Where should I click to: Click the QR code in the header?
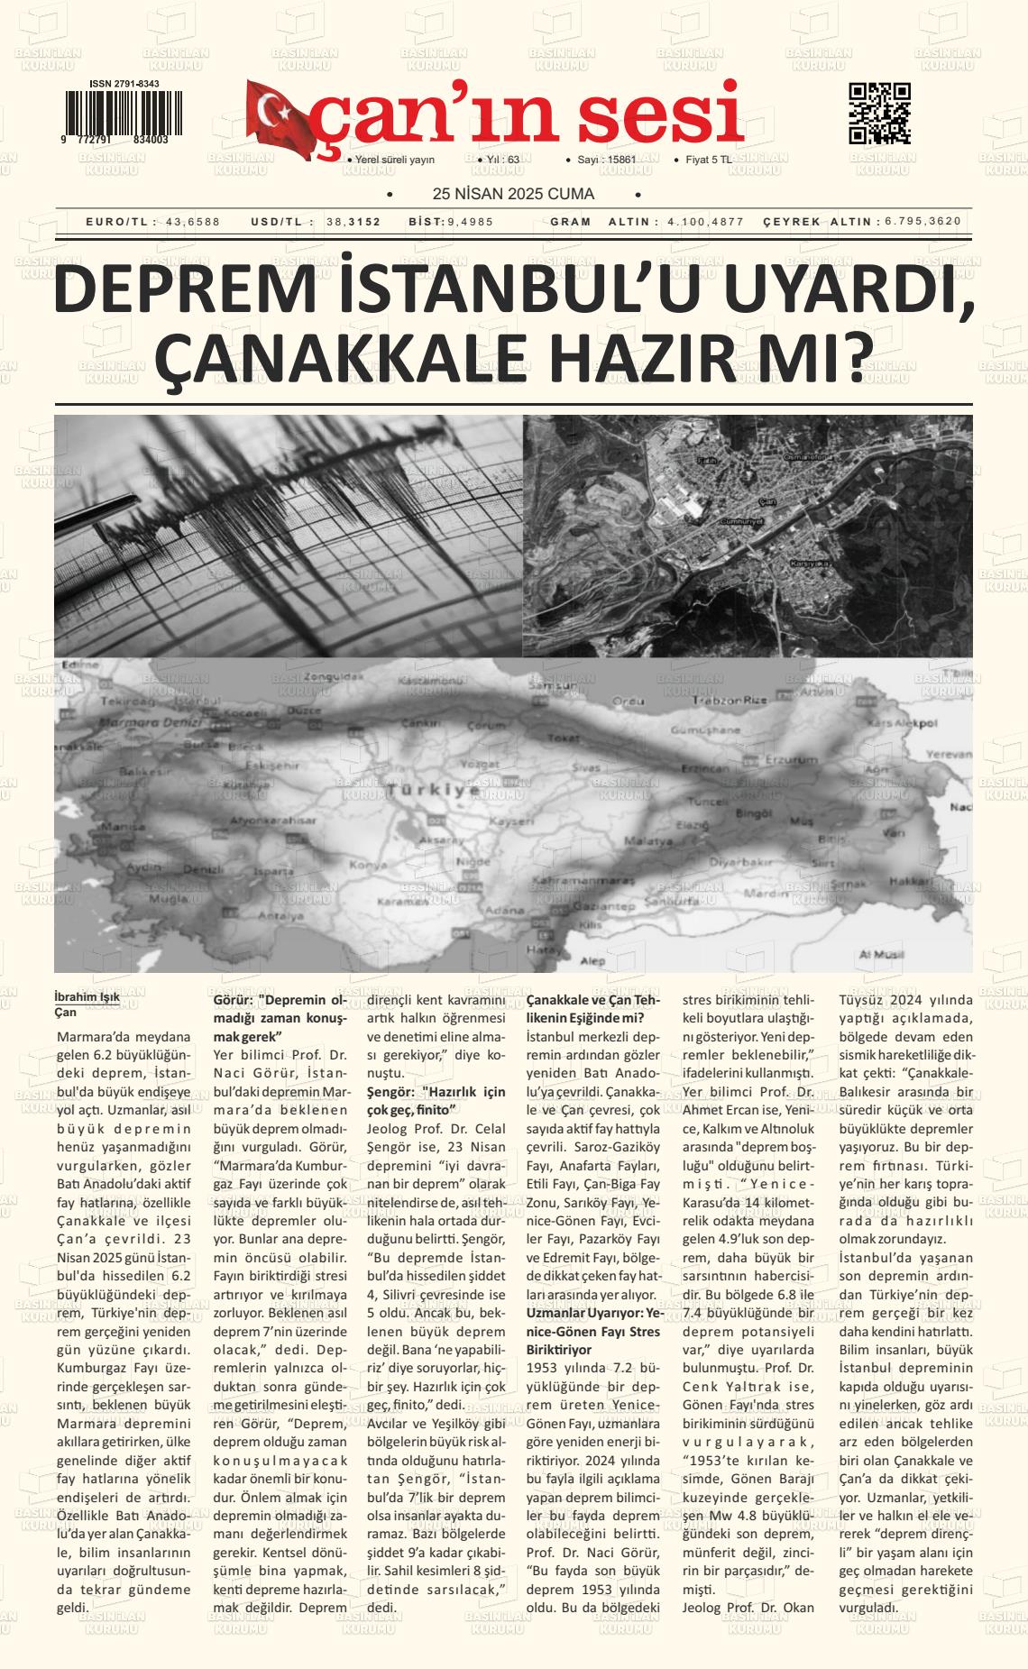pos(879,114)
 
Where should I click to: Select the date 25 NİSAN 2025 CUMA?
pos(513,194)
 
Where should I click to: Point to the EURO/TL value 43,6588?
pos(192,222)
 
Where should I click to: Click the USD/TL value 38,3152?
pos(353,222)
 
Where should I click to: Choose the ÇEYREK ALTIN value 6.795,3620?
pos(922,222)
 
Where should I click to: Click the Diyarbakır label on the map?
pos(739,861)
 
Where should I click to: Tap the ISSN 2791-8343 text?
pos(124,84)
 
